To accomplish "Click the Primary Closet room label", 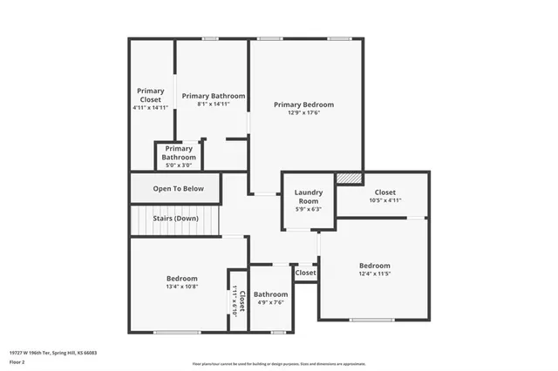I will coord(150,95).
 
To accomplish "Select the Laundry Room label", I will coord(309,196).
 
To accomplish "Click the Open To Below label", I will coord(178,188).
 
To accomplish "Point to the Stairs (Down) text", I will coord(175,219).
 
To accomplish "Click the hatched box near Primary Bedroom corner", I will coord(349,177).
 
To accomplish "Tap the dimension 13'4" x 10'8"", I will coord(182,287).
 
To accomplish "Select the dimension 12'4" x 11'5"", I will coord(374,273).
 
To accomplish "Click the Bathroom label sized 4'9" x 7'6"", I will coord(270,294).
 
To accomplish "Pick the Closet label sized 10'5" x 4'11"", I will coord(384,192).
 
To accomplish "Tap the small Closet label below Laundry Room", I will coord(305,273).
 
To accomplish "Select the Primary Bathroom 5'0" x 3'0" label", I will coord(179,153).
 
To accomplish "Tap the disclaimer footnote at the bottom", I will coord(280,364).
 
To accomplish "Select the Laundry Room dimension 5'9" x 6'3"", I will coord(309,208).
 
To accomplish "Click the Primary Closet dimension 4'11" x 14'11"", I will coord(150,108).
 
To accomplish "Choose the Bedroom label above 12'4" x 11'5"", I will coord(374,265).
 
